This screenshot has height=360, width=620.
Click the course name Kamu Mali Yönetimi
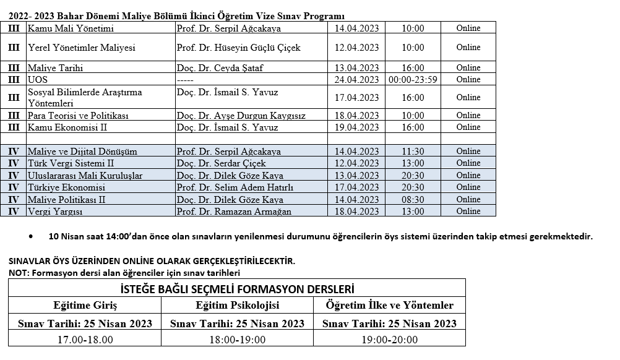(x=71, y=28)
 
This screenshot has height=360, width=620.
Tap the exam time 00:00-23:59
(x=413, y=79)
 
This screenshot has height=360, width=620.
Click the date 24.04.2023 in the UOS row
(x=356, y=79)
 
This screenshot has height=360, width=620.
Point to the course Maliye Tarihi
(x=55, y=68)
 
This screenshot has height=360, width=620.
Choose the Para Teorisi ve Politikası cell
(x=78, y=116)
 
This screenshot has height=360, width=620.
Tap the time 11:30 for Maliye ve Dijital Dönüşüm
(x=413, y=152)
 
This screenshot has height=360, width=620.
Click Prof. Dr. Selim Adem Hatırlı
(x=235, y=187)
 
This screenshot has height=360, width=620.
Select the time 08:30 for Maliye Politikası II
(x=413, y=200)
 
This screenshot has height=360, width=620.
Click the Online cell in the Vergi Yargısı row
(x=468, y=212)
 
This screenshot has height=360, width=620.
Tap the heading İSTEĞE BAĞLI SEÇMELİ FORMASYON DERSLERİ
(x=237, y=288)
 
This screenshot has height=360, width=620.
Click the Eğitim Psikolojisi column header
(x=237, y=306)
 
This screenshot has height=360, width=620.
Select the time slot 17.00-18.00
(x=85, y=340)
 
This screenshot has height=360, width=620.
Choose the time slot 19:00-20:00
(x=389, y=340)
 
